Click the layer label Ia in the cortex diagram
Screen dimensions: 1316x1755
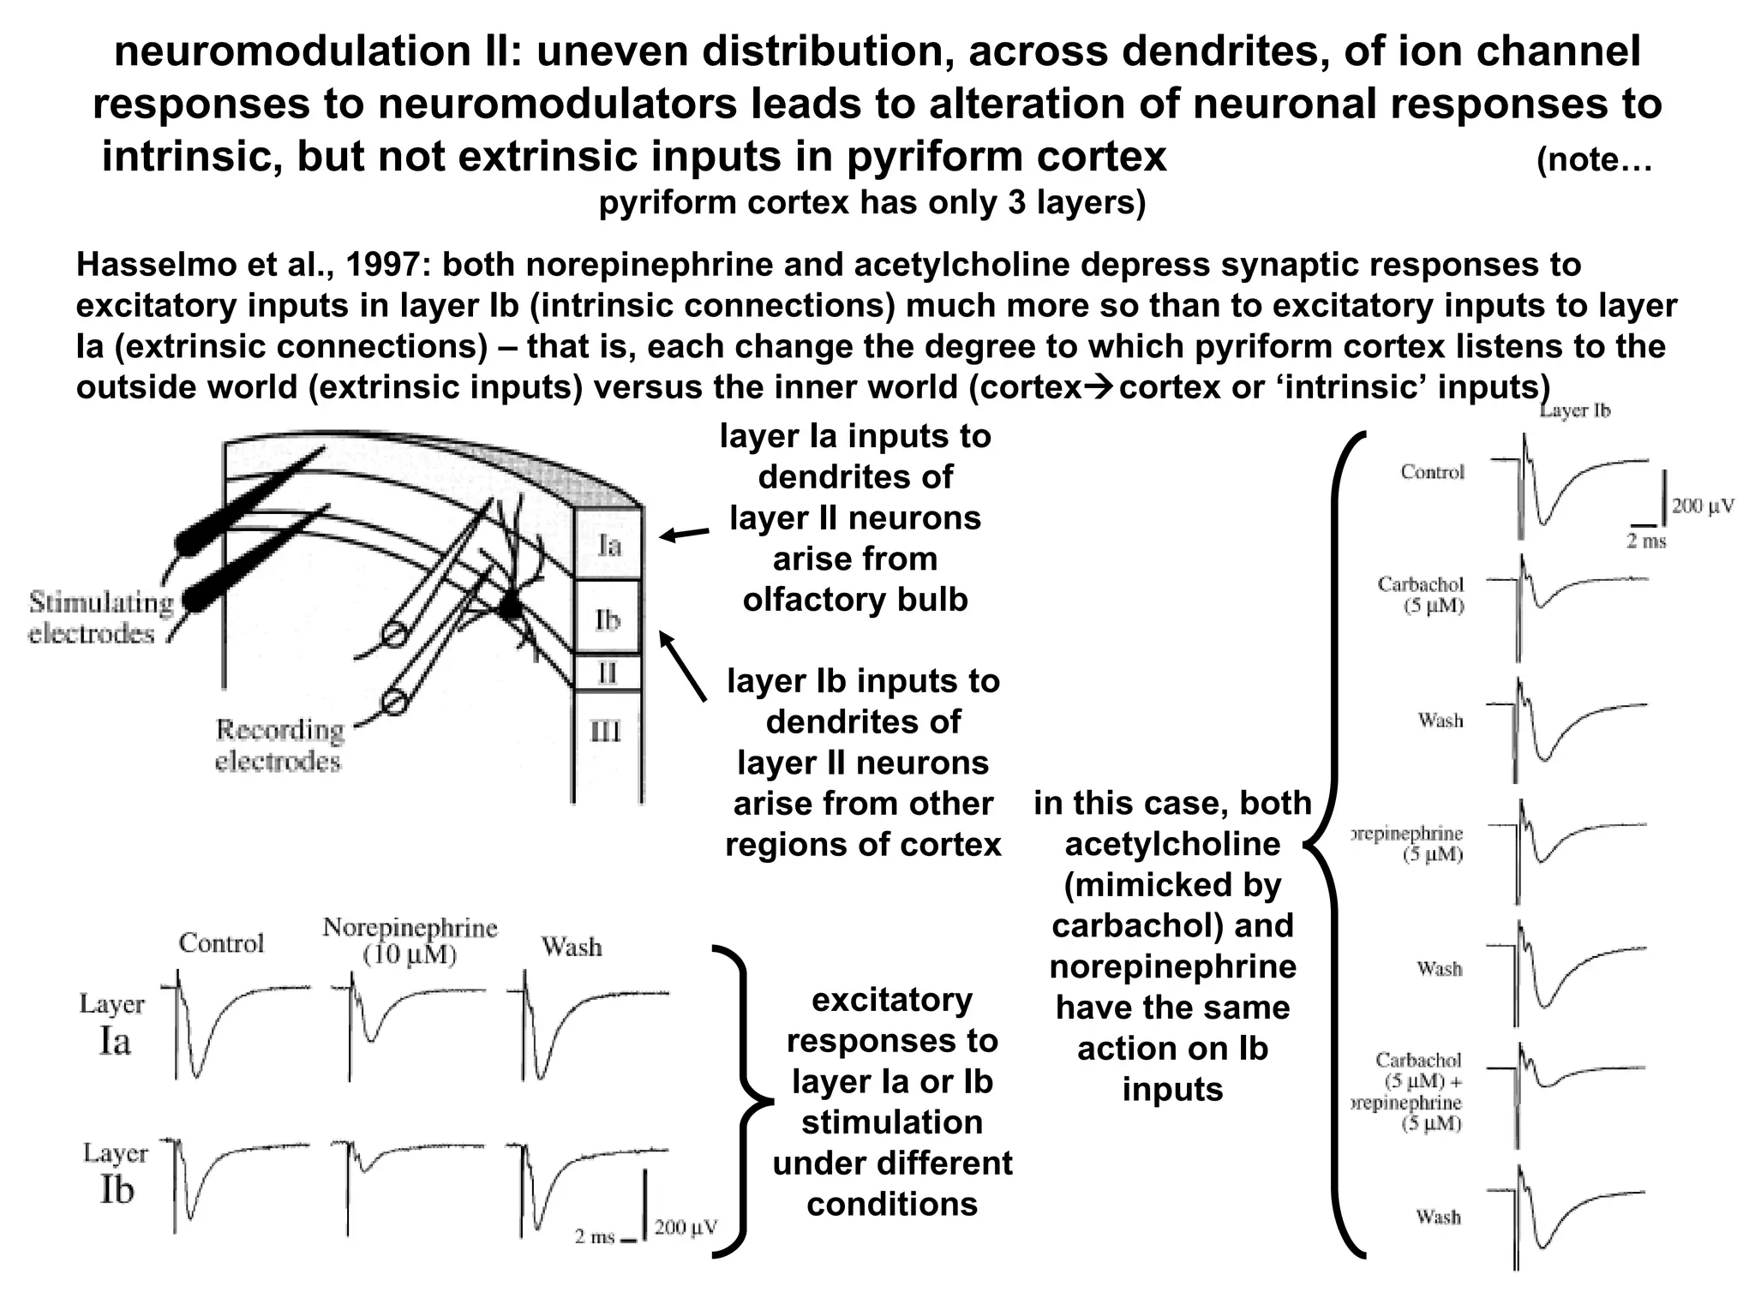pos(608,546)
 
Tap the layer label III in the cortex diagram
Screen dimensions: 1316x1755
pos(606,731)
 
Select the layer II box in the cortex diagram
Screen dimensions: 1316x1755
pos(607,673)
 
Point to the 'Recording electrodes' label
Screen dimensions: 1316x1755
pos(279,745)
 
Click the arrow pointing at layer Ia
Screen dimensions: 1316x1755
pos(684,535)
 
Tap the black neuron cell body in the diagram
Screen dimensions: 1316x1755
pos(510,607)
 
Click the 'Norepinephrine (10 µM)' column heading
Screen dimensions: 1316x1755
pos(410,941)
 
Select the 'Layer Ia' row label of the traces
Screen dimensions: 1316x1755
pos(113,1025)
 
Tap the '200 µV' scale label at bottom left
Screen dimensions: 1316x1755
pos(686,1228)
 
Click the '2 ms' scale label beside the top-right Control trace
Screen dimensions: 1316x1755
pos(1646,541)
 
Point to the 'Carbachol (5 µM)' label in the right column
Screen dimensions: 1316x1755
pos(1421,595)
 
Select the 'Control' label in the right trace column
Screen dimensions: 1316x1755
pos(1433,471)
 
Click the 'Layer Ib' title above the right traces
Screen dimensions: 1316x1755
pos(1575,410)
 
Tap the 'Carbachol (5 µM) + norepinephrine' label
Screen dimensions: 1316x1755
pos(1414,1092)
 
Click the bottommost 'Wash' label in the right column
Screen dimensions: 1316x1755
pos(1438,1217)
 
